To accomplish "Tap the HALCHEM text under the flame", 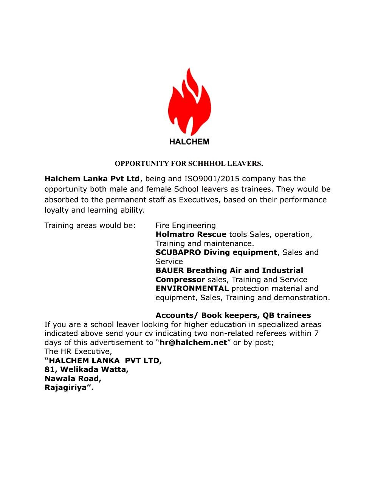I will (x=189, y=142).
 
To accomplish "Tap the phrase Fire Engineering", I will (x=186, y=226).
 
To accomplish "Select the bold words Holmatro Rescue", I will (x=191, y=234).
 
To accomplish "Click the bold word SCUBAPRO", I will (x=178, y=252).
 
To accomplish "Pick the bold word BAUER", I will (x=170, y=271).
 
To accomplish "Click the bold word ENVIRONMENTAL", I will (x=192, y=288).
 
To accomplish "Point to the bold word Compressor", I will (x=180, y=280).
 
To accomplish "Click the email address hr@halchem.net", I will (x=193, y=343).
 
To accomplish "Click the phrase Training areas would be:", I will (x=90, y=226).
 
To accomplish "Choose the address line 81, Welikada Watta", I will (x=87, y=369).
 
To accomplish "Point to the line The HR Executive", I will (x=78, y=351).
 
